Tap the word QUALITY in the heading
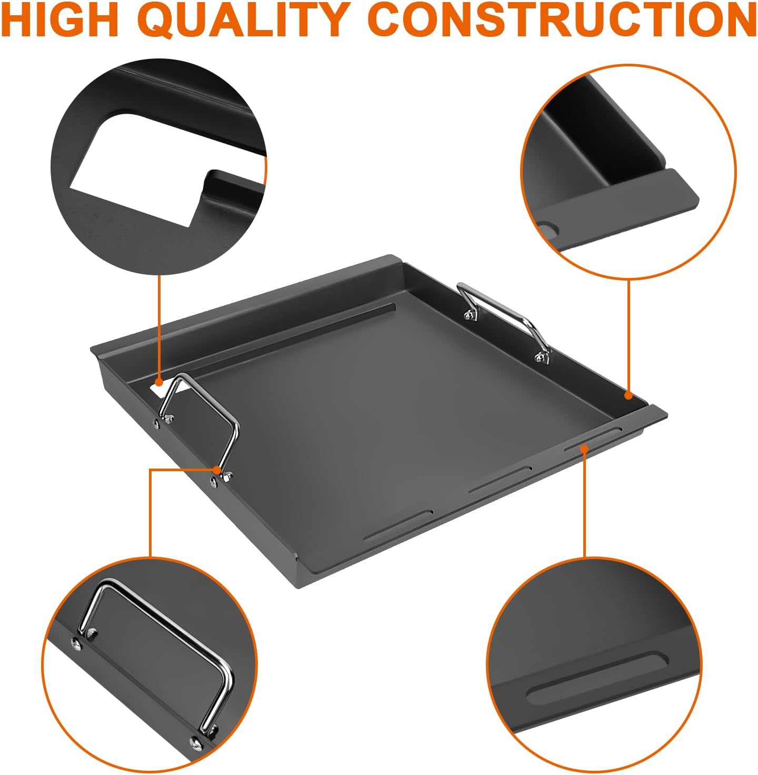[245, 20]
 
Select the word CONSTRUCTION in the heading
[565, 20]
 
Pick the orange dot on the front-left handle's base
[217, 469]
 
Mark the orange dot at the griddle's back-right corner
[628, 395]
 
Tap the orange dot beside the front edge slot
[583, 448]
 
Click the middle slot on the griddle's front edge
[500, 480]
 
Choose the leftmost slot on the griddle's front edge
[398, 524]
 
